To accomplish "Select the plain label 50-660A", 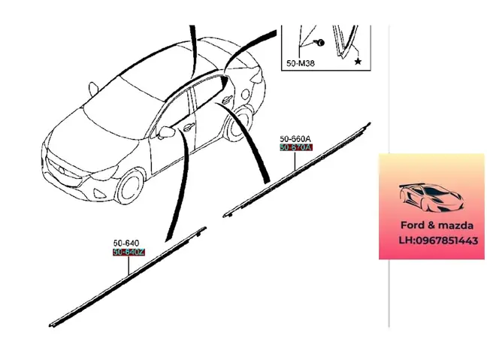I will click(x=295, y=139).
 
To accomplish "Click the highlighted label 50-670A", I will click(x=295, y=148).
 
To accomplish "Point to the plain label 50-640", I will click(x=125, y=244).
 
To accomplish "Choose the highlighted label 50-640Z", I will click(x=127, y=253).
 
